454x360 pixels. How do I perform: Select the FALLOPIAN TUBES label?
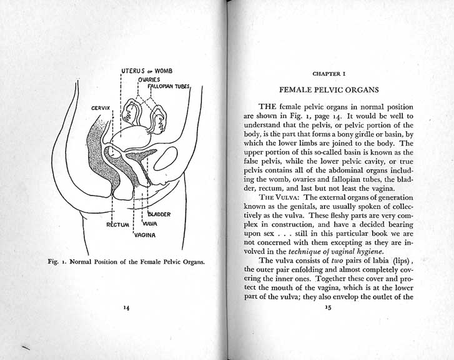coord(169,86)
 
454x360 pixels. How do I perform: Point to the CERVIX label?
coord(101,109)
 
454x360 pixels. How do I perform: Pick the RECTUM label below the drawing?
coord(117,223)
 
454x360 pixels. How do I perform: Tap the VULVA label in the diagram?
coord(149,223)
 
